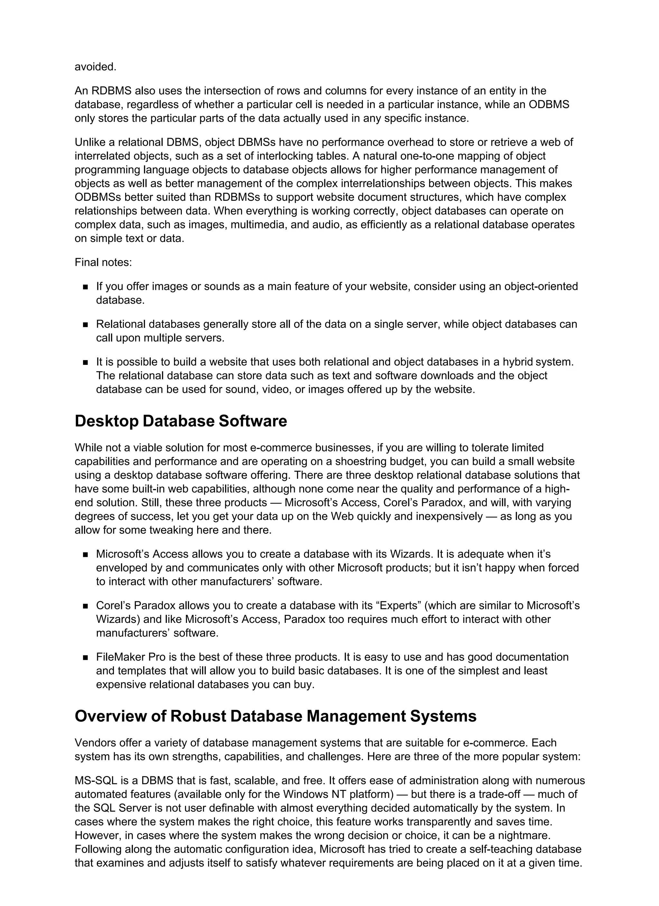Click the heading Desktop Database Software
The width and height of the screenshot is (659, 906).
pyautogui.click(x=181, y=421)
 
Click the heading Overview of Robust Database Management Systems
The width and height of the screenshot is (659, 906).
pyautogui.click(x=275, y=716)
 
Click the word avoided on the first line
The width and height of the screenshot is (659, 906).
pyautogui.click(x=95, y=67)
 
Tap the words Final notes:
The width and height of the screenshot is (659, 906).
pyautogui.click(x=103, y=263)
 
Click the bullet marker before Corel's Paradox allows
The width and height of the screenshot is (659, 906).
pyautogui.click(x=85, y=606)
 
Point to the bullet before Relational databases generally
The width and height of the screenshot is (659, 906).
pyautogui.click(x=85, y=325)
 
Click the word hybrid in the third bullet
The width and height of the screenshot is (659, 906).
pyautogui.click(x=518, y=362)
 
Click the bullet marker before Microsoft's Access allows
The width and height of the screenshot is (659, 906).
pyautogui.click(x=85, y=554)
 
